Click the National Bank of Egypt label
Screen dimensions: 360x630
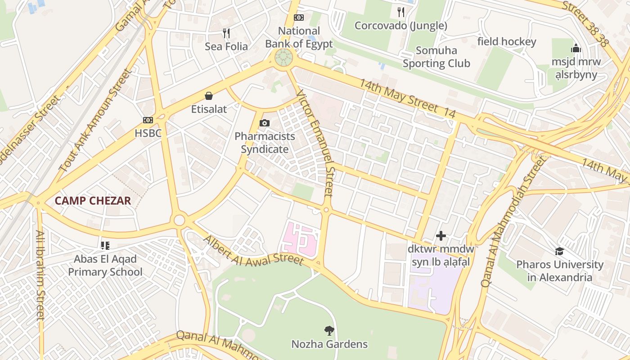pyautogui.click(x=299, y=37)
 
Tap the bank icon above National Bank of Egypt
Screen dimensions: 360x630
pyautogui.click(x=298, y=18)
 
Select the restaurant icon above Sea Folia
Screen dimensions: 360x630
pyautogui.click(x=226, y=33)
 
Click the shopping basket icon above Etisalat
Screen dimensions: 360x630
pyautogui.click(x=209, y=95)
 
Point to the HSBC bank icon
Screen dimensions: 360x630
pyautogui.click(x=148, y=120)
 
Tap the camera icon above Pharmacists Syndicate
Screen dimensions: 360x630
pyautogui.click(x=265, y=123)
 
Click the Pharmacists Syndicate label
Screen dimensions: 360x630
pyautogui.click(x=265, y=143)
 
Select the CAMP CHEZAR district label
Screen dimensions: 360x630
pyautogui.click(x=93, y=201)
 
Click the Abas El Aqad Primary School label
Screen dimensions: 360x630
pyautogui.click(x=105, y=265)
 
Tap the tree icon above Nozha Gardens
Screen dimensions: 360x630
pyautogui.click(x=329, y=331)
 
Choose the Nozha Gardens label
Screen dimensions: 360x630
pyautogui.click(x=329, y=344)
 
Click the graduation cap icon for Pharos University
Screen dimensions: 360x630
pyautogui.click(x=559, y=251)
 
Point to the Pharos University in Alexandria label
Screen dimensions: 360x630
pyautogui.click(x=559, y=270)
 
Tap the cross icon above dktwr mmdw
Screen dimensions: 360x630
pyautogui.click(x=441, y=235)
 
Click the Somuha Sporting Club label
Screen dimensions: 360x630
pyautogui.click(x=436, y=57)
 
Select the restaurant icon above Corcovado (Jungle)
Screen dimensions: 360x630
pyautogui.click(x=400, y=12)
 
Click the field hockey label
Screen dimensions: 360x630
pyautogui.click(x=507, y=42)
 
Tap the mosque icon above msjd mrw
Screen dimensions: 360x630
pyautogui.click(x=576, y=48)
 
